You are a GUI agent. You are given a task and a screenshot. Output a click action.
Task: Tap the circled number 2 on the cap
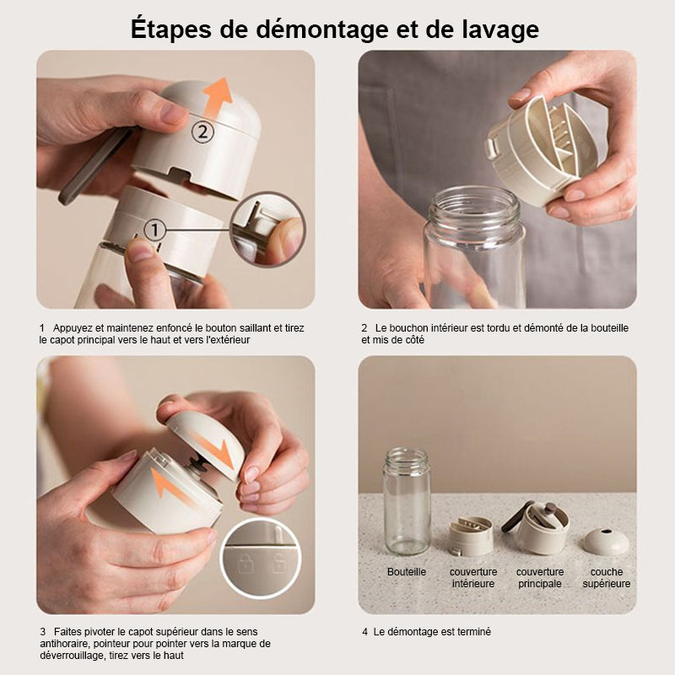click(203, 131)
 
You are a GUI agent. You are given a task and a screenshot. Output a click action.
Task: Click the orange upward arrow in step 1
click(218, 100)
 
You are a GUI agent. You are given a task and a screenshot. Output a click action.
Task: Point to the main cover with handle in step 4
click(540, 526)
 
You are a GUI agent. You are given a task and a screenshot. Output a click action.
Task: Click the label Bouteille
click(407, 572)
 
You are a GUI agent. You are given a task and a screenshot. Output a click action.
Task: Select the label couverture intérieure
click(473, 578)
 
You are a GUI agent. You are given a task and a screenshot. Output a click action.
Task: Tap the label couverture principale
click(540, 578)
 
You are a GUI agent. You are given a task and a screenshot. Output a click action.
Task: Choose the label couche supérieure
click(606, 578)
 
